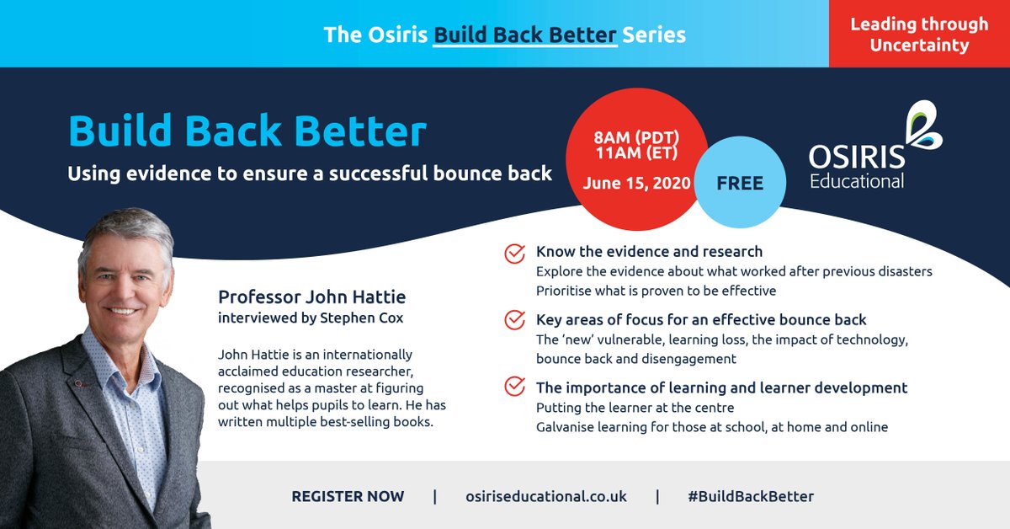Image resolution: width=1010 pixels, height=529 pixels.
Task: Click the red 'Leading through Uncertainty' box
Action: (x=919, y=34)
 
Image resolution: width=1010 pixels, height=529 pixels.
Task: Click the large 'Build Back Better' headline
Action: (x=247, y=132)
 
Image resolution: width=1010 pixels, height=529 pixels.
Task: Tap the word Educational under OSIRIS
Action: (x=856, y=181)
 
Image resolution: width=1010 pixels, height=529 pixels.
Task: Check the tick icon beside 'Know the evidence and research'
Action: (x=513, y=253)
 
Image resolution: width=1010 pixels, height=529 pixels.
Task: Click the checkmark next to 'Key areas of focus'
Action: (x=513, y=321)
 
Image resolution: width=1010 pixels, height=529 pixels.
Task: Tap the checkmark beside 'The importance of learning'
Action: (x=513, y=388)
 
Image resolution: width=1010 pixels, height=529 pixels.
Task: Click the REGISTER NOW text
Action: (x=348, y=496)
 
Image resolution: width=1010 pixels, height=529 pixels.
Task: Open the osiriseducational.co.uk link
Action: (x=545, y=496)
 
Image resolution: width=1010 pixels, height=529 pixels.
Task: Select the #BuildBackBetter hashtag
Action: (x=750, y=496)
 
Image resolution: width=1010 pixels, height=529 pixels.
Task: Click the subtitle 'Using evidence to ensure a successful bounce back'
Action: (x=310, y=174)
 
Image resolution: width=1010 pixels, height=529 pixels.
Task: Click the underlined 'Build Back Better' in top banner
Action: (x=525, y=35)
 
